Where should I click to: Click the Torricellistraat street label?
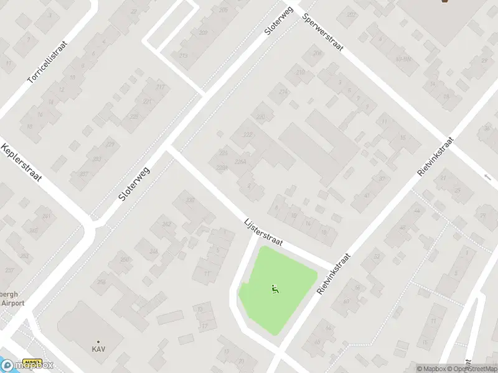47,62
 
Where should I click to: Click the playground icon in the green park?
275,288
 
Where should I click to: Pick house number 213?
183,56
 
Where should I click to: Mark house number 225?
134,116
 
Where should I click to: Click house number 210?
301,73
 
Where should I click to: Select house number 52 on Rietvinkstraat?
375,256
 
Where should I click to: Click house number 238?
190,200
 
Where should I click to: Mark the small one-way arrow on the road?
487,177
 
